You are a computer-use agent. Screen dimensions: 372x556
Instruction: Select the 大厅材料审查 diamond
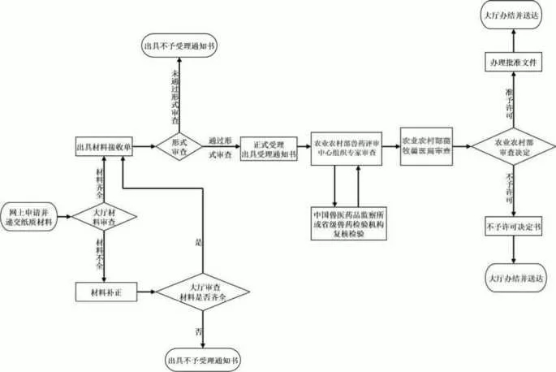[104, 215]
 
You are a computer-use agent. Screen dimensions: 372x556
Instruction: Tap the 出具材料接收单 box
[104, 148]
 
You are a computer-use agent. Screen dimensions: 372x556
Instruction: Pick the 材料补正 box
[104, 290]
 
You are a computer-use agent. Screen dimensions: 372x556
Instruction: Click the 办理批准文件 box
[511, 62]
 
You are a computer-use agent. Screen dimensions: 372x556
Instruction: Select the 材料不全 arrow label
[101, 253]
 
